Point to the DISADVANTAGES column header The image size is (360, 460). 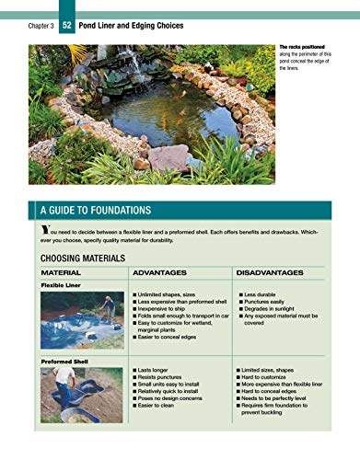271,273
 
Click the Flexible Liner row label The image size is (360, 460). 62,286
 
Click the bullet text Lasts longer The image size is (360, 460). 160,369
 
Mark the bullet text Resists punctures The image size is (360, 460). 168,377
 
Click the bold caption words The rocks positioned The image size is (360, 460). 303,46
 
